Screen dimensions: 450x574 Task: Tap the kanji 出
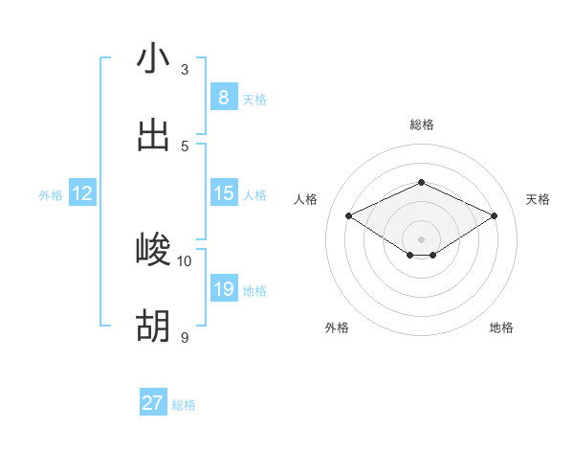click(x=153, y=135)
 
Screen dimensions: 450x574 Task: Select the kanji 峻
click(x=153, y=250)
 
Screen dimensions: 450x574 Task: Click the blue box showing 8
click(x=223, y=97)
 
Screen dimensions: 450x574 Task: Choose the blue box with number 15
click(x=223, y=193)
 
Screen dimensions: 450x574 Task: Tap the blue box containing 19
click(x=223, y=289)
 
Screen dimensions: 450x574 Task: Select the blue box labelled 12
click(x=82, y=193)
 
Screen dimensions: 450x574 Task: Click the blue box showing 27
click(x=153, y=403)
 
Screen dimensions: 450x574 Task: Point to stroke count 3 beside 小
click(x=185, y=69)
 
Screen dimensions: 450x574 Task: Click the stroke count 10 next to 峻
click(x=185, y=260)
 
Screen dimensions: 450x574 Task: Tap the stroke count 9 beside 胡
click(x=185, y=337)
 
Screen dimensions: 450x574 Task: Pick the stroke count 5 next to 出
click(x=185, y=146)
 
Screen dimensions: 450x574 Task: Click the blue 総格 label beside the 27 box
click(x=184, y=405)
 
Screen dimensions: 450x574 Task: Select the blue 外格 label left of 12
click(x=51, y=195)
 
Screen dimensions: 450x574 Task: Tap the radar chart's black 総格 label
click(x=421, y=124)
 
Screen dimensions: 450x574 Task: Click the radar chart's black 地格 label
click(x=501, y=327)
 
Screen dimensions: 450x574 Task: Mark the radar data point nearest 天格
click(x=494, y=216)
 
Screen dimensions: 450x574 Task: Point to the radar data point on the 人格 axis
click(x=349, y=216)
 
